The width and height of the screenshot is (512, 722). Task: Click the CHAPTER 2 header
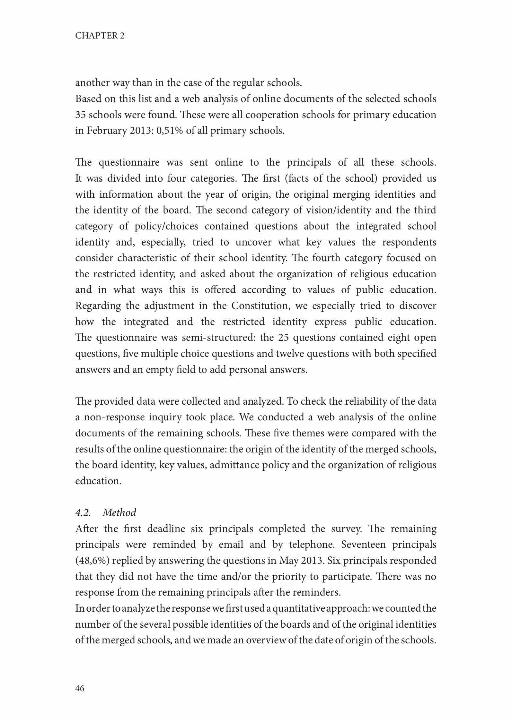(x=100, y=36)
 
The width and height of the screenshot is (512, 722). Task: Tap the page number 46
(x=80, y=688)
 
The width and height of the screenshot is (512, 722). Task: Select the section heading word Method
(x=119, y=512)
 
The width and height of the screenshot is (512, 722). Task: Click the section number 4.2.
(x=83, y=512)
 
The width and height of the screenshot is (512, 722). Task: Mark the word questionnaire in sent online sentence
(x=129, y=162)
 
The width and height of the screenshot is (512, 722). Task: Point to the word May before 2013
(x=289, y=561)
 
